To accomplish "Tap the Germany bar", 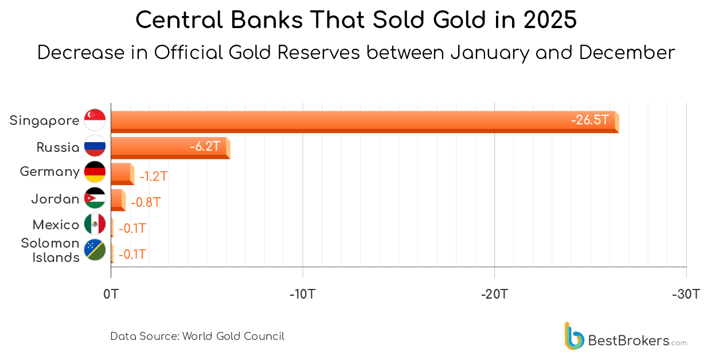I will pyautogui.click(x=122, y=173).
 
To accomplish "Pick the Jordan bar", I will pyautogui.click(x=117, y=199).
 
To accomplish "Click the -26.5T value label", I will pyautogui.click(x=589, y=120).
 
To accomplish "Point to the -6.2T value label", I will pyautogui.click(x=205, y=147).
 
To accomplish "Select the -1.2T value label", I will pyautogui.click(x=153, y=176).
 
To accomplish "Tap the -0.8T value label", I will pyautogui.click(x=146, y=202).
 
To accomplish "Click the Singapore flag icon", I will pyautogui.click(x=95, y=120).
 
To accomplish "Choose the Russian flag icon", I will pyautogui.click(x=95, y=146).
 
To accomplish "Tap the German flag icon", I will pyautogui.click(x=95, y=171).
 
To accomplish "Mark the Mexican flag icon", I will pyautogui.click(x=95, y=224).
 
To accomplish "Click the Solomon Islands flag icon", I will pyautogui.click(x=95, y=250).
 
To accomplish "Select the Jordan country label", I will pyautogui.click(x=55, y=199).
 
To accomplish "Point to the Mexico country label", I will pyautogui.click(x=56, y=225).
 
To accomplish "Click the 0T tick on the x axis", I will pyautogui.click(x=111, y=295).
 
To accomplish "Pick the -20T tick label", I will pyautogui.click(x=494, y=295).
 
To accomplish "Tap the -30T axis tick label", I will pyautogui.click(x=686, y=295).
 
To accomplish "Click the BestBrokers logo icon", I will pyautogui.click(x=574, y=336).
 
